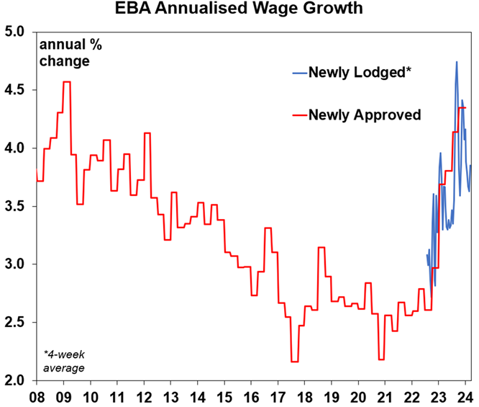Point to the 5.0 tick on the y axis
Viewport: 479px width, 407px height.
15,32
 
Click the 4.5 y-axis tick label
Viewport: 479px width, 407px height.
15,91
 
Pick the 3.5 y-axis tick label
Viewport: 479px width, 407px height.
15,207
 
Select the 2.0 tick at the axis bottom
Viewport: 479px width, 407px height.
15,381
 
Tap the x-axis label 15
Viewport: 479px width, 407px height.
225,396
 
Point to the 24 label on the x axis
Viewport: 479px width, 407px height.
465,396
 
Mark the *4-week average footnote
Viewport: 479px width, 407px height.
65,362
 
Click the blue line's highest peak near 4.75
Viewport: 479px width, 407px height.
456,63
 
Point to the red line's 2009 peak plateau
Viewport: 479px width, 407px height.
66,82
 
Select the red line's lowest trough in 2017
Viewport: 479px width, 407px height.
294,362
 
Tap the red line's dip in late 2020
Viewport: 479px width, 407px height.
380,359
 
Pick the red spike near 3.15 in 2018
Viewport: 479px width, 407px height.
321,248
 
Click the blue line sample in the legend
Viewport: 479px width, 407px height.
298,73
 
